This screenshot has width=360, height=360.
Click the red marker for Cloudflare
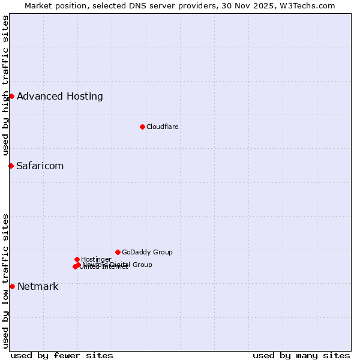142,127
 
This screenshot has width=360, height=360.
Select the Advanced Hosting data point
11,96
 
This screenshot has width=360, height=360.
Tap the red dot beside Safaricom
11,166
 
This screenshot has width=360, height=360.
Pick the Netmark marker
12,286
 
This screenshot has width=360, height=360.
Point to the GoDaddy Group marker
118,252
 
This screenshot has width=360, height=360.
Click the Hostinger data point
77,259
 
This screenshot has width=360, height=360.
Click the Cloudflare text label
162,127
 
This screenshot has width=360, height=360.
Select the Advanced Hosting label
60,96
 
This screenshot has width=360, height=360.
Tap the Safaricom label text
40,166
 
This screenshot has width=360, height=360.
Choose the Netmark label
38,286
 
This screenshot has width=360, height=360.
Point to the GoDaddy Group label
147,252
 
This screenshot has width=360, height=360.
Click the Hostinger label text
96,259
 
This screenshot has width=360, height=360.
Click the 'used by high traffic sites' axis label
5,85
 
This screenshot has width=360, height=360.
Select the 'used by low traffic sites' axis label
5,281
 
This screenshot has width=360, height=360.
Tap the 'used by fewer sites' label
62,355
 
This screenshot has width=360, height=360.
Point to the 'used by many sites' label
301,355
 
